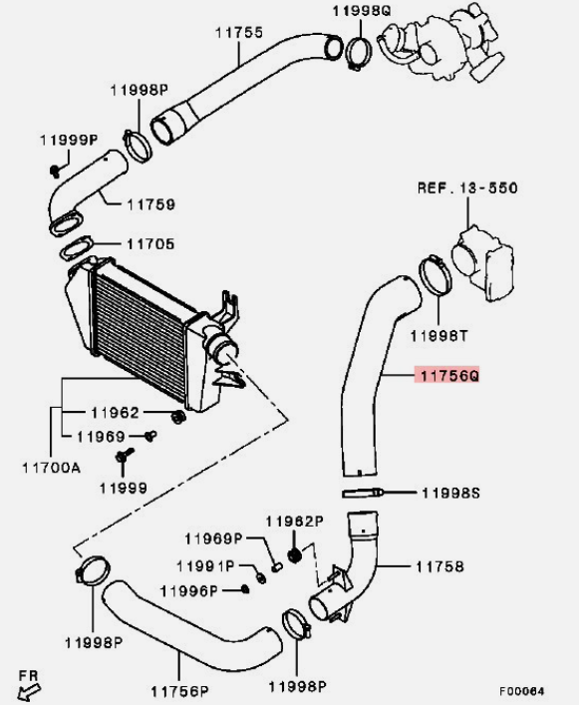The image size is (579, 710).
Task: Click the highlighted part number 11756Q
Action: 449,375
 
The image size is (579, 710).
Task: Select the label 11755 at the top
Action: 239,33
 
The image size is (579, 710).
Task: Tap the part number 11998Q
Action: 362,10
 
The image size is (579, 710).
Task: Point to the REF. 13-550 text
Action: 467,187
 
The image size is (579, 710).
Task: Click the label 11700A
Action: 51,468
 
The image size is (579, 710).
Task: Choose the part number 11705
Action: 150,244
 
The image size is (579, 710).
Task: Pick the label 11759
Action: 150,204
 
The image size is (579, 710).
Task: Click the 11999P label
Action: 69,140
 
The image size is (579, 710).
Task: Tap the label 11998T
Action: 438,336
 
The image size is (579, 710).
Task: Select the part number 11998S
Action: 450,493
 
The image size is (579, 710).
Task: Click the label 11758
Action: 439,566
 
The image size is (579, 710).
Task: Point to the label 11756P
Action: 179,691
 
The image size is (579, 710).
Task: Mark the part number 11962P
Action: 294,522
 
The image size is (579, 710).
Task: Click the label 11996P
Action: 189,591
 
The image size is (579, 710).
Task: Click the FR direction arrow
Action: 30,691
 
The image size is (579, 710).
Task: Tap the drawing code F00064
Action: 522,691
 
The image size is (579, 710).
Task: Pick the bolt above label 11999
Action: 124,455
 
